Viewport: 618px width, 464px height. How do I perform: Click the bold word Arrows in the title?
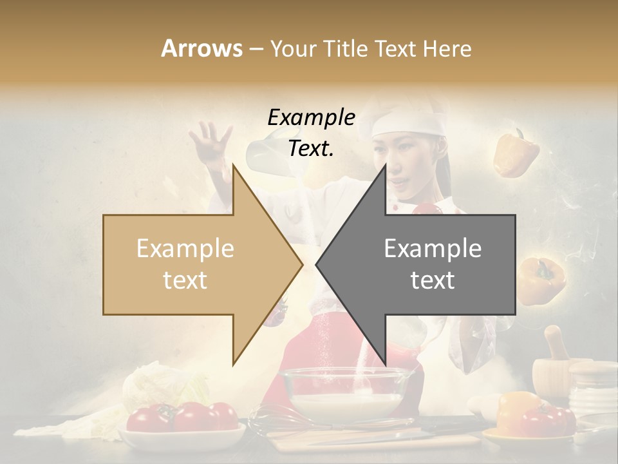point(202,48)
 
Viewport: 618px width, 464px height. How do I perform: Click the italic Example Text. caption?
point(312,133)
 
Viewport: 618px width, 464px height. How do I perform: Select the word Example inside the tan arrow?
point(185,249)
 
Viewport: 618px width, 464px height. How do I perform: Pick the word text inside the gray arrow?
point(433,280)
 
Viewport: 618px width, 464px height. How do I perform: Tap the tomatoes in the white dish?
point(182,418)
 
